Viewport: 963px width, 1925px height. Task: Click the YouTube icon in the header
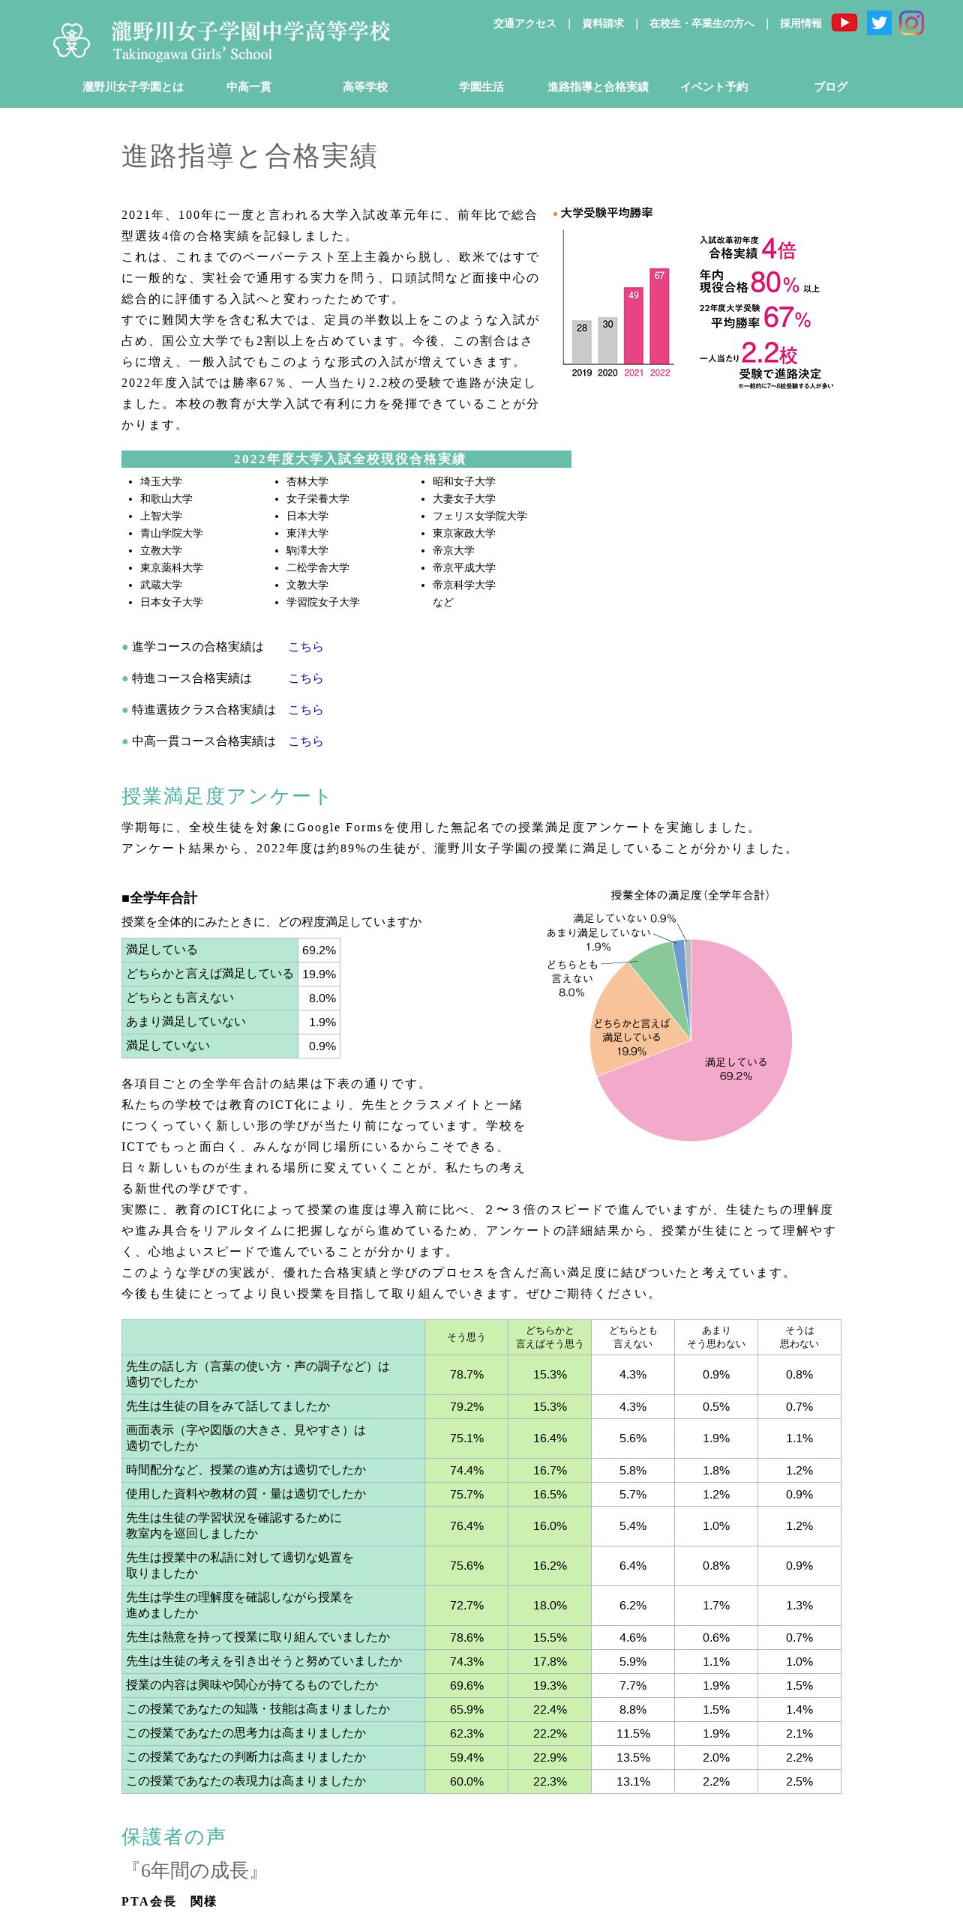[844, 23]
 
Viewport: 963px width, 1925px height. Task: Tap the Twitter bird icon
[878, 23]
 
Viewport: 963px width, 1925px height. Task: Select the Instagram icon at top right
[911, 23]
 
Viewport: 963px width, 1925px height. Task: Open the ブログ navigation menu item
[830, 87]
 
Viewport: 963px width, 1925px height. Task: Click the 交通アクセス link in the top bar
[524, 24]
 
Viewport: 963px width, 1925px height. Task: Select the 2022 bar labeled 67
[659, 316]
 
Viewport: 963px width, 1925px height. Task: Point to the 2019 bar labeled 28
[582, 342]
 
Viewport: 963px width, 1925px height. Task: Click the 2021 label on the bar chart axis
[634, 373]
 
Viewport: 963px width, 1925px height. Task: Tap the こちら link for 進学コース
[305, 647]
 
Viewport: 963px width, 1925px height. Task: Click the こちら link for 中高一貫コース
[305, 741]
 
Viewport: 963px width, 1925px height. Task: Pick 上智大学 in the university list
[160, 516]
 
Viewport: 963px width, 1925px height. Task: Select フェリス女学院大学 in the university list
[479, 516]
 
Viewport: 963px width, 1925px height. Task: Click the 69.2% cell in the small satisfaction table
[319, 951]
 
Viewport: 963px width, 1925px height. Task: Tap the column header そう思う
[466, 1337]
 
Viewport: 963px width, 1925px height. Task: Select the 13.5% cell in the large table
[633, 1758]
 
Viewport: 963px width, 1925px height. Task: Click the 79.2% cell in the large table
[466, 1407]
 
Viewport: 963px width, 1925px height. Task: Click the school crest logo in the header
[71, 40]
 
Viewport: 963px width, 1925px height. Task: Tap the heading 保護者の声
[173, 1837]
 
